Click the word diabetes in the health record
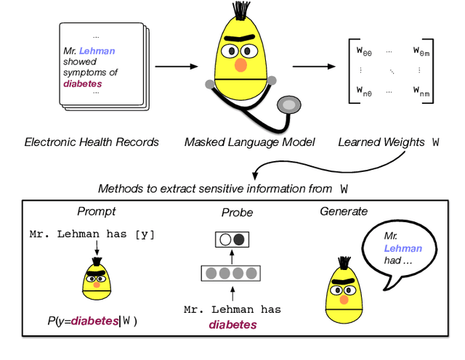coord(84,83)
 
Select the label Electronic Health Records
coord(92,142)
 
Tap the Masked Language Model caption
coord(249,142)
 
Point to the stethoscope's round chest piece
coord(290,106)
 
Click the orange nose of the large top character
coord(240,65)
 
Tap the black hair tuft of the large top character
coord(237,11)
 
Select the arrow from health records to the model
coord(175,67)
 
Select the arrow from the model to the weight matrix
coord(313,67)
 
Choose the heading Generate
coord(344,211)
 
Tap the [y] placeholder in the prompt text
coord(144,234)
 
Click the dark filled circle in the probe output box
coord(240,239)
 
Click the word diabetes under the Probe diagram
coord(233,324)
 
